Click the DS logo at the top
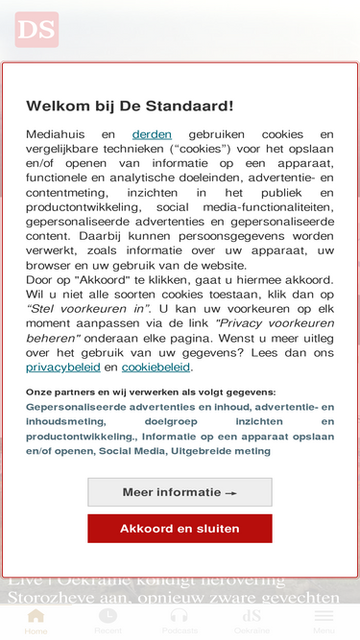point(36,30)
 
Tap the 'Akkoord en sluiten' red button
point(180,529)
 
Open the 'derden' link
point(152,135)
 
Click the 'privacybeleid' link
point(62,367)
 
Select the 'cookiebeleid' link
point(156,367)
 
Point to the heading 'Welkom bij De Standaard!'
point(130,106)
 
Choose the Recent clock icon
point(108,616)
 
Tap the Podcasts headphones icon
point(180,616)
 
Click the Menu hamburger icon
point(324,616)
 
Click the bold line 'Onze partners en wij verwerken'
point(151,391)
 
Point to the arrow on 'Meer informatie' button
point(230,493)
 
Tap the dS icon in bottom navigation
point(252,616)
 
